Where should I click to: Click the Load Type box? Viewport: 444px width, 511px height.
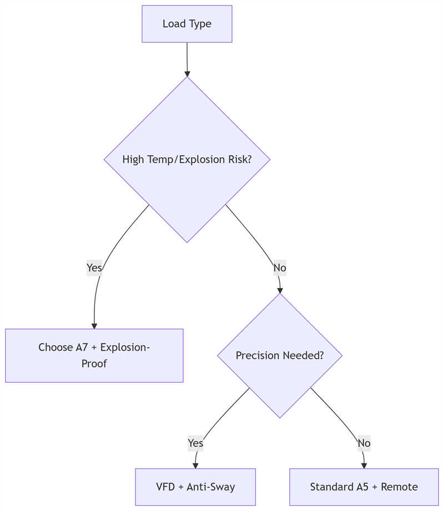(186, 24)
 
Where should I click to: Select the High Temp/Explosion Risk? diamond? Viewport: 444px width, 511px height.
(186, 159)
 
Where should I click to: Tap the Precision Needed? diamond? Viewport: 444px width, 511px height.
(280, 356)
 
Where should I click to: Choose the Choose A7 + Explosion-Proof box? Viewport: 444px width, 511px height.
(94, 356)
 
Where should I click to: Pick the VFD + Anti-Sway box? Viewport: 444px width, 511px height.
(195, 487)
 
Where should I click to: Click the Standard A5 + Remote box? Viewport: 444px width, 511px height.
(364, 487)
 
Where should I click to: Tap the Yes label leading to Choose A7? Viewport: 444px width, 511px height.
(94, 268)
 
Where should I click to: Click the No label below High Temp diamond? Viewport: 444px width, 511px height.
(280, 268)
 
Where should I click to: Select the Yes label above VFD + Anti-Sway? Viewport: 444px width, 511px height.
(195, 443)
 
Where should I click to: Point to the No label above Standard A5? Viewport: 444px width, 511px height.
(364, 443)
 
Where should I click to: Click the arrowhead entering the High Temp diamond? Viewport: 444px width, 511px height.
(187, 73)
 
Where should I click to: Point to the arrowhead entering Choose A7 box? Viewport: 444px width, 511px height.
(94, 325)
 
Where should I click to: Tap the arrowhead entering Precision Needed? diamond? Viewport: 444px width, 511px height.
(280, 290)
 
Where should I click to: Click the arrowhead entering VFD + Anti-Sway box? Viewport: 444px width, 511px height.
(195, 465)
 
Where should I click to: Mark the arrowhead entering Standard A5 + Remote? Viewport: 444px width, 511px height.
(364, 465)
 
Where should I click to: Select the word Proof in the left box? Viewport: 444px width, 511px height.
(94, 364)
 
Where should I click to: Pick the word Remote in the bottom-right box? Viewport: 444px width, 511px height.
(399, 487)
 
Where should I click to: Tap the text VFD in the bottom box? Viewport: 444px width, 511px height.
(165, 487)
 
